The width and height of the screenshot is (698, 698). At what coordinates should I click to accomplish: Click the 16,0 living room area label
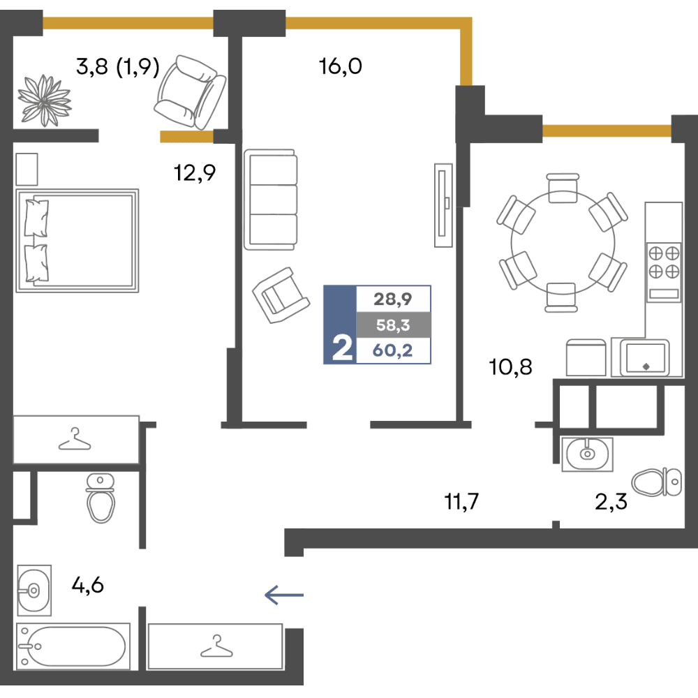[341, 66]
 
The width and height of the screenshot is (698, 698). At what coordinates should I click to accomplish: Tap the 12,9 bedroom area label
[195, 172]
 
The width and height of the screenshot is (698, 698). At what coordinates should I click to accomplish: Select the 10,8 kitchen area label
[510, 367]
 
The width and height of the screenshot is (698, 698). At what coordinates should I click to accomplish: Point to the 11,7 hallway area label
[461, 501]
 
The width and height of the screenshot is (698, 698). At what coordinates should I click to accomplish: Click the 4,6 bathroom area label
[88, 585]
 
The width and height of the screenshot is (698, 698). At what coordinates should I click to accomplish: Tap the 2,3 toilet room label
[611, 502]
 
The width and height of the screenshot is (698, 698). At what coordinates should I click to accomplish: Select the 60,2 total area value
[392, 350]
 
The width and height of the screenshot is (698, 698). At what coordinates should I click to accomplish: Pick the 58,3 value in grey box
[393, 325]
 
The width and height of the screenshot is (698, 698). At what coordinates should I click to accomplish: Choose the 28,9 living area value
[392, 299]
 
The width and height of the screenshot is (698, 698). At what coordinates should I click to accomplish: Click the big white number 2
[342, 348]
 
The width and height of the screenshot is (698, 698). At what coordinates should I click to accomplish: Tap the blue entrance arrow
[284, 595]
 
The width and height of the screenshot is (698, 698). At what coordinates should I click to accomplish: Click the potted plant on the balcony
[45, 101]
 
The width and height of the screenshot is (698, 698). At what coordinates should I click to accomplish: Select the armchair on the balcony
[190, 92]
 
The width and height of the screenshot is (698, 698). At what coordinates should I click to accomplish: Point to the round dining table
[563, 243]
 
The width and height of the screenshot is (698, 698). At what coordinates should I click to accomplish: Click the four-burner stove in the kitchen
[664, 272]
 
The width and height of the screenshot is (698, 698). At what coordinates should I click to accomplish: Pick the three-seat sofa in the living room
[271, 200]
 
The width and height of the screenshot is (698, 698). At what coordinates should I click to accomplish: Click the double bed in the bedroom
[77, 240]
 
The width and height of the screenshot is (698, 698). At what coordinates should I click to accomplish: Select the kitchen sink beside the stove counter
[644, 358]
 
